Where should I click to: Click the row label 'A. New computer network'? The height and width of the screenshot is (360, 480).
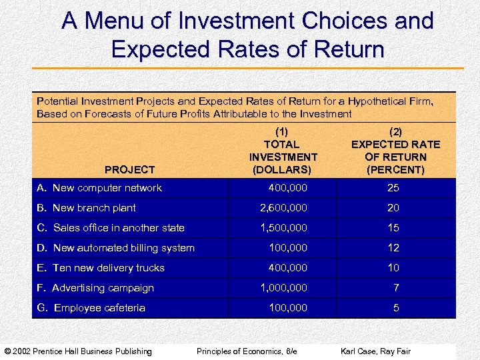point(99,188)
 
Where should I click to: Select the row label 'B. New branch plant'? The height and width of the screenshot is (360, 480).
point(86,208)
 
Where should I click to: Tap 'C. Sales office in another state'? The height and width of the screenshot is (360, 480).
point(111,228)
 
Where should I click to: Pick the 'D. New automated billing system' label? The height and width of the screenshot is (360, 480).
point(115,248)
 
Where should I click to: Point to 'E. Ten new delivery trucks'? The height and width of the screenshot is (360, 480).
point(101,268)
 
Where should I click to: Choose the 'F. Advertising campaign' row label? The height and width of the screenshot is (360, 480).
point(95,288)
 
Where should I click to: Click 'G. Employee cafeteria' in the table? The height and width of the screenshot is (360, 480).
point(91,308)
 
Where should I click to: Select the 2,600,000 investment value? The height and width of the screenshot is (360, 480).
point(283,208)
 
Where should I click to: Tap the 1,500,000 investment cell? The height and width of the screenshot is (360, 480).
point(283,228)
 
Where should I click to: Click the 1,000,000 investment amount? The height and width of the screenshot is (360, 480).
point(283,288)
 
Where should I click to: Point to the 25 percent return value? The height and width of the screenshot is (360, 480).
point(393,188)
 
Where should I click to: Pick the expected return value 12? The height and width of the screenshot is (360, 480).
point(393,248)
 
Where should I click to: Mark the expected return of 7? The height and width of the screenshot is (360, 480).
point(396,288)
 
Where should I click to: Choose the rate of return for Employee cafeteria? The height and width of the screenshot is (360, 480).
point(396,308)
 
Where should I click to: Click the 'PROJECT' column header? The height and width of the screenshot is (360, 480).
point(129,170)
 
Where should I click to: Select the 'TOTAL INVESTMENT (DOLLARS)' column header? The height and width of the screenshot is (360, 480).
point(283,151)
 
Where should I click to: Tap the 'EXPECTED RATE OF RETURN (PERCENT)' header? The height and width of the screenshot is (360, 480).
point(395,151)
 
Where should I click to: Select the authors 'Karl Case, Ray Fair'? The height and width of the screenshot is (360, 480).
point(376,351)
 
